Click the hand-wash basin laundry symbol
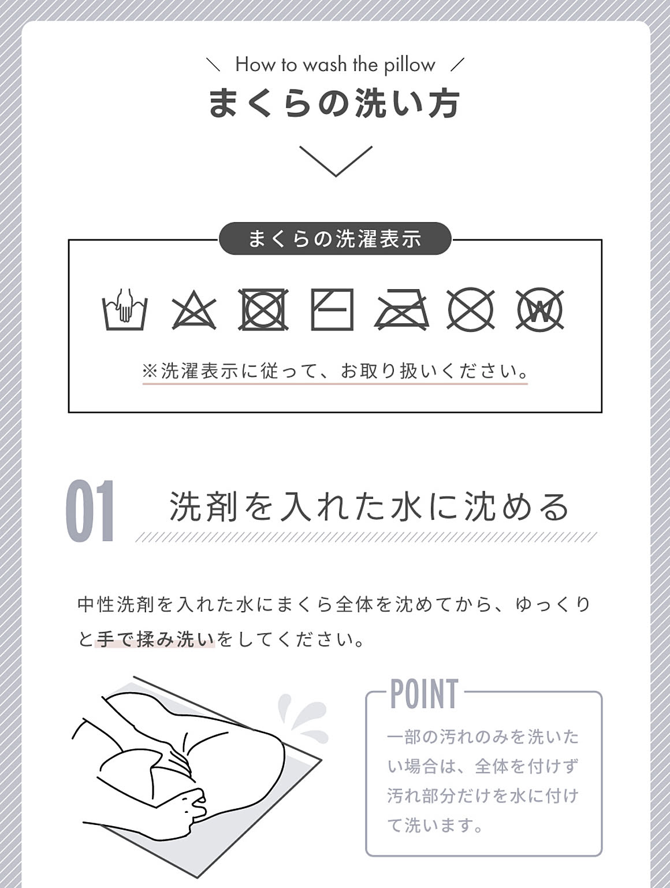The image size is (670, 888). click(x=125, y=309)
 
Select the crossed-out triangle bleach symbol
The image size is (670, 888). click(x=194, y=310)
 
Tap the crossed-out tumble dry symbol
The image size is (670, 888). click(x=263, y=309)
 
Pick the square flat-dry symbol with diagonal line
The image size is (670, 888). click(x=332, y=309)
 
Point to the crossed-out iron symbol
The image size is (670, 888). click(x=401, y=310)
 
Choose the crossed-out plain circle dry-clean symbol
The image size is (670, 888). click(x=471, y=309)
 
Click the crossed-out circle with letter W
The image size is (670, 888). click(x=540, y=309)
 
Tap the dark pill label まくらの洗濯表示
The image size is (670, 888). click(x=335, y=239)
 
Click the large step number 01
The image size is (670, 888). click(x=90, y=511)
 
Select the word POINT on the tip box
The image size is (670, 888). click(x=425, y=694)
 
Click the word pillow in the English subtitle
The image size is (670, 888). click(x=410, y=65)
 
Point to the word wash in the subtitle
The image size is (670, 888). click(x=325, y=65)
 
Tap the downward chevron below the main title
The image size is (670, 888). click(x=336, y=161)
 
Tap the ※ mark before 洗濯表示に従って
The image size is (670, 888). click(x=150, y=371)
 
